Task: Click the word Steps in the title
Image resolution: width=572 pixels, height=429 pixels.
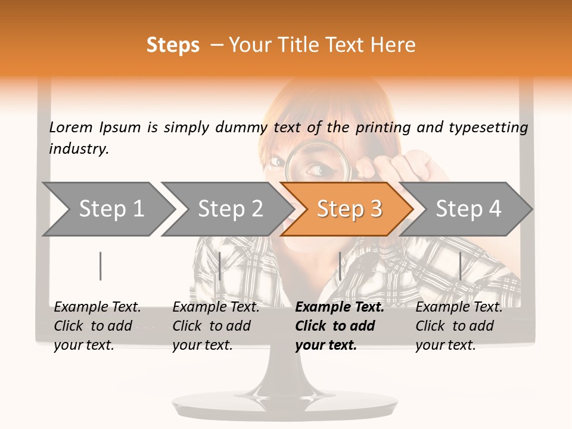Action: tap(173, 45)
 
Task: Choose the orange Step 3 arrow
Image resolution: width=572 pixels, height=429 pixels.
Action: tap(349, 209)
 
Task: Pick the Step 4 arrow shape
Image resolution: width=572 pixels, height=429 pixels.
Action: tap(468, 209)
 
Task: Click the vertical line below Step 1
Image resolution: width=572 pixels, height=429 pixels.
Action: tap(101, 266)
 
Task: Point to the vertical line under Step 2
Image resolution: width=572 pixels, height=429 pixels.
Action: tap(220, 266)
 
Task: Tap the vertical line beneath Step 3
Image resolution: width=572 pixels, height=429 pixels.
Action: tap(340, 266)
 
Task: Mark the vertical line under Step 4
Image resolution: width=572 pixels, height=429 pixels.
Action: tap(460, 266)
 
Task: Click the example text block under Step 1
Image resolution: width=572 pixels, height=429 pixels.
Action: tap(97, 326)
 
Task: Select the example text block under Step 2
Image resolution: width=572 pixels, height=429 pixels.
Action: tap(216, 326)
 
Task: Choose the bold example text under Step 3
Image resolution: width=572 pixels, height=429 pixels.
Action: tap(339, 326)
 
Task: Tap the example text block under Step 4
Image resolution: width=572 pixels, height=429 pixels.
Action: tap(459, 326)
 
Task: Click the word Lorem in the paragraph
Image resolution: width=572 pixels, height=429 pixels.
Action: tap(71, 127)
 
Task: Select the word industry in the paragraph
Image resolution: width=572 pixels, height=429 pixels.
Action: tap(79, 149)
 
